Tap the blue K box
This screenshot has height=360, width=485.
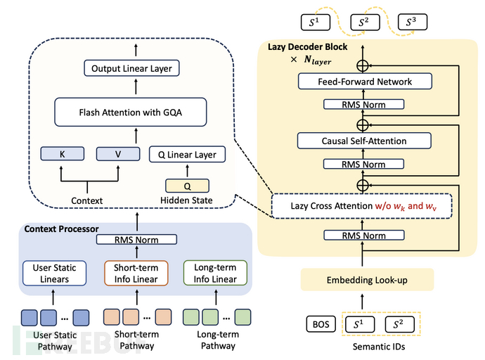tap(62, 153)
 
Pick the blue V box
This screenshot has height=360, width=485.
tap(118, 153)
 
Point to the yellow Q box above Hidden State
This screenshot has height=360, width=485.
tap(188, 186)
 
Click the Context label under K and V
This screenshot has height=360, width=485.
tap(87, 200)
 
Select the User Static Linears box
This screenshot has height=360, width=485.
tap(54, 273)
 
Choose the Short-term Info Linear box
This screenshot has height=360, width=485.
tap(131, 273)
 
